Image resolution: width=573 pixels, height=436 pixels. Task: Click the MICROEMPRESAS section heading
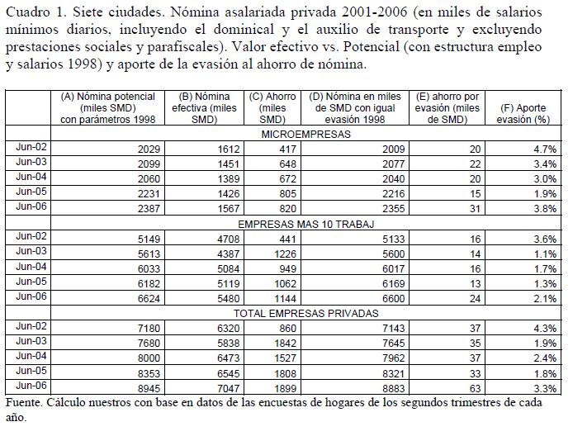[x=306, y=134]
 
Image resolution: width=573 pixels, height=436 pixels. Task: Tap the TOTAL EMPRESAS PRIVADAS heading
[x=306, y=314]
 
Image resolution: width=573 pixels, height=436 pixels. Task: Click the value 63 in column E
[x=472, y=386]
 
